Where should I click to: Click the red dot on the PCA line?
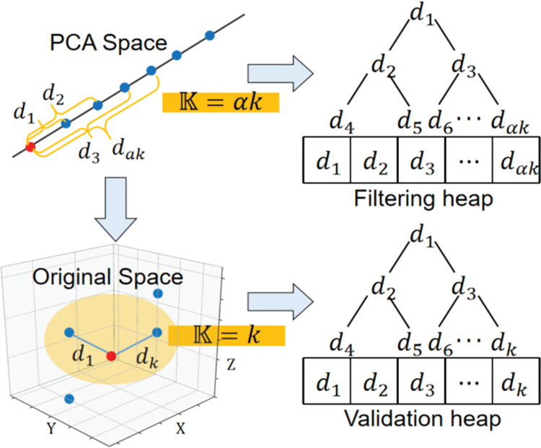(30, 147)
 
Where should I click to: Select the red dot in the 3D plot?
(110, 356)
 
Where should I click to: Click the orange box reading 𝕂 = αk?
(220, 102)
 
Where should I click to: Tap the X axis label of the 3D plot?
(180, 427)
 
